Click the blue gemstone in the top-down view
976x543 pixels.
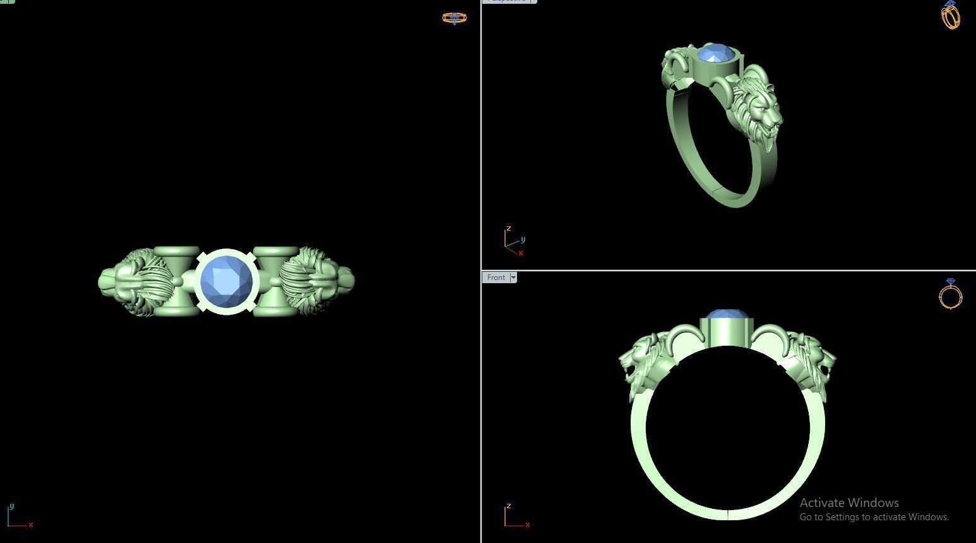[x=226, y=281]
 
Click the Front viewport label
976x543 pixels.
[x=496, y=278]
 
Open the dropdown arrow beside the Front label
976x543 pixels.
[x=513, y=278]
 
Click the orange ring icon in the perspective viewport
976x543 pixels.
[x=950, y=15]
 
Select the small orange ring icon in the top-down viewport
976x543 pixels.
[x=454, y=18]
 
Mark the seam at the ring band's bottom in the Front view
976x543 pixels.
[x=729, y=514]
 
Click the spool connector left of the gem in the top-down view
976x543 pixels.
[x=176, y=281]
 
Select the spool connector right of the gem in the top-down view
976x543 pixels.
[x=275, y=281]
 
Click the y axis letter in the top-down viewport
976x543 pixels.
[x=11, y=506]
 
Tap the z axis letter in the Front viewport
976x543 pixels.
[x=508, y=506]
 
